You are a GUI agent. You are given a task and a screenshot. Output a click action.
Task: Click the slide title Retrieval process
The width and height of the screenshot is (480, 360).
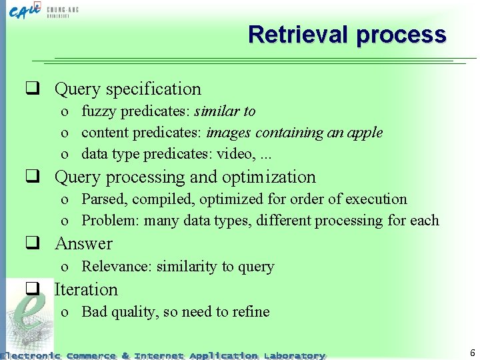[347, 34]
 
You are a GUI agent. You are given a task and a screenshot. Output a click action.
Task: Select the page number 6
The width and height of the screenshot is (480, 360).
[472, 353]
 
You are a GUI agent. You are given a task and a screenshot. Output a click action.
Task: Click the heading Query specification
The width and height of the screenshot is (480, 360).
[127, 89]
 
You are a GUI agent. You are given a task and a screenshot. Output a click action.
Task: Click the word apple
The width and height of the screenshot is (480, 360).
[365, 132]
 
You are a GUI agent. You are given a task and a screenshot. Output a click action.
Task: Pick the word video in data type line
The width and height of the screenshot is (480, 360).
[235, 154]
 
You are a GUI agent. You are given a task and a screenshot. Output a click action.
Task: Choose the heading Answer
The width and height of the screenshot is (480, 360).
[83, 243]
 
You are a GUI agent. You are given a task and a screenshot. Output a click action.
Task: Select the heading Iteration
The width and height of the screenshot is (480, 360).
[86, 289]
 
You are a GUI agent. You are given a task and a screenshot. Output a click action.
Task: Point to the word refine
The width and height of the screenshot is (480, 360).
[250, 311]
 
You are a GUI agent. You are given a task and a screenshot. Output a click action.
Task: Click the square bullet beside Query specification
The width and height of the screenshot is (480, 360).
[31, 89]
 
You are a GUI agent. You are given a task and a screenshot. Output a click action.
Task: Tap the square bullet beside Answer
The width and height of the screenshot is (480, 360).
[31, 244]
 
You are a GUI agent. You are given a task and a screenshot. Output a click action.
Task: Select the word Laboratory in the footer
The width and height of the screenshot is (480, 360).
[294, 355]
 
